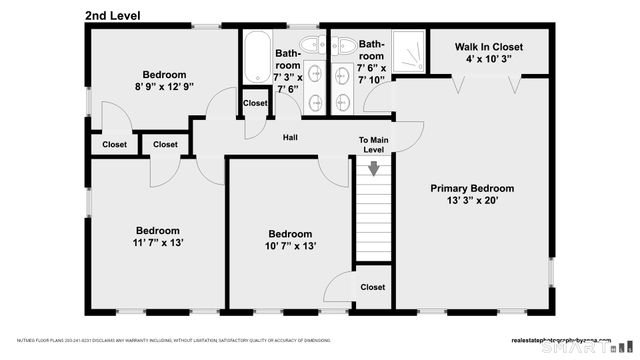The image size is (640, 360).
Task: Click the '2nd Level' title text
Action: (112, 15)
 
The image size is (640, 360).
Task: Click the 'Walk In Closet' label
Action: (488, 47)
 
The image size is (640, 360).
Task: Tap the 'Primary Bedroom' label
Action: (472, 188)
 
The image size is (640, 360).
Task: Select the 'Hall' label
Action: (290, 138)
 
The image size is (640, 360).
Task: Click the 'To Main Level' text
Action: (373, 144)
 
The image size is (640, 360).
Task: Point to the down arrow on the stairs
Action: (374, 169)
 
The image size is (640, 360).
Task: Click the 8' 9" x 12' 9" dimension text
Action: (163, 87)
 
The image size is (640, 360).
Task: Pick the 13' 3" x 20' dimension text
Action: (472, 201)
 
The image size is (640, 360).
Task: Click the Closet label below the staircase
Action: (373, 287)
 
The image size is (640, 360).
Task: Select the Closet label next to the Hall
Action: (255, 103)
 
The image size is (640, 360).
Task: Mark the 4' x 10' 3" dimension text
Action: (488, 60)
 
